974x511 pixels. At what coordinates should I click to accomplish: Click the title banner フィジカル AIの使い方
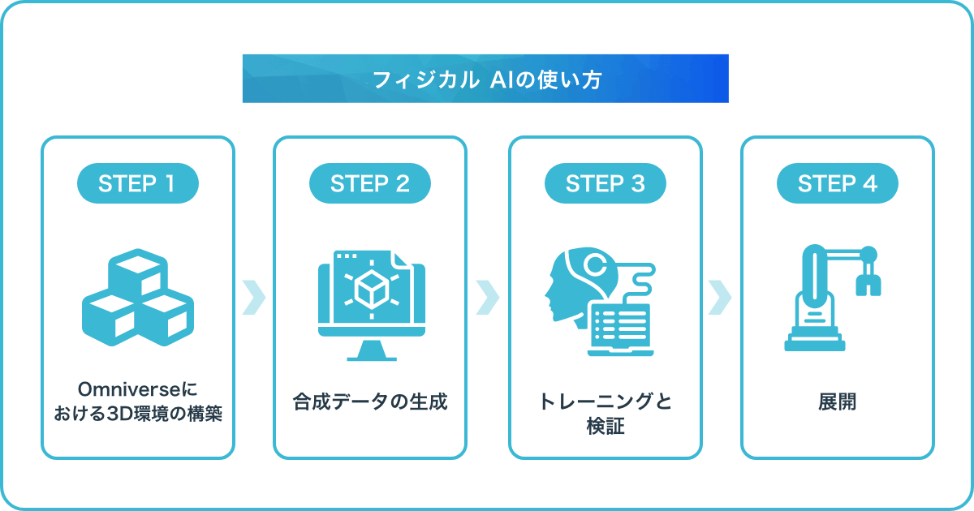click(x=485, y=79)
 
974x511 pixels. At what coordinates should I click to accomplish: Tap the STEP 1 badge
click(x=138, y=183)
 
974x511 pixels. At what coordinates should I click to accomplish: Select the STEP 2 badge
click(x=370, y=183)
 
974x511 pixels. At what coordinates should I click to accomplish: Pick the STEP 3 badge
click(x=606, y=183)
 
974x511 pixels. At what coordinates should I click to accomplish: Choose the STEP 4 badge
click(x=838, y=183)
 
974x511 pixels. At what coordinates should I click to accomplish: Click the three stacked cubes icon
click(x=138, y=298)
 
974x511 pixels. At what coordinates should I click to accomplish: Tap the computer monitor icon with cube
click(x=372, y=306)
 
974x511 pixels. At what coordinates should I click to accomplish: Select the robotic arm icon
click(x=832, y=298)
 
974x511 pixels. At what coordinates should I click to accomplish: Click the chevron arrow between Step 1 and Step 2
click(x=254, y=298)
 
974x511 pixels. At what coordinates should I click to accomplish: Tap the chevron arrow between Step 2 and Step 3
click(x=488, y=298)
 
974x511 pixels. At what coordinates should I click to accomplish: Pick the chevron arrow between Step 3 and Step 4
click(x=720, y=298)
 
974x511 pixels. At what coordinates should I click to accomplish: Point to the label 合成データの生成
click(x=370, y=401)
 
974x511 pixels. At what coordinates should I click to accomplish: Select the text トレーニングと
click(x=606, y=401)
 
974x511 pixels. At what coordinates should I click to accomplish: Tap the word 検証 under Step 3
click(x=606, y=426)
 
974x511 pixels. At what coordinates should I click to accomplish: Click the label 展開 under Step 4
click(x=838, y=401)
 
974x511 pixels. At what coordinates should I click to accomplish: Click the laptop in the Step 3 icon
click(x=620, y=329)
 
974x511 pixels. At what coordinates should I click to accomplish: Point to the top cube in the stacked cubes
click(x=138, y=273)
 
